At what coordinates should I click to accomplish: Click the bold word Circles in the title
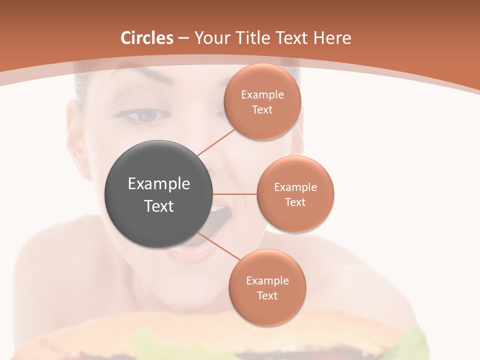pyautogui.click(x=147, y=38)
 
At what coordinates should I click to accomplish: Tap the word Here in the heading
pyautogui.click(x=332, y=38)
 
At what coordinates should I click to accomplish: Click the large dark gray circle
pyautogui.click(x=158, y=194)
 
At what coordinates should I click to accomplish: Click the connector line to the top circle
pyautogui.click(x=215, y=141)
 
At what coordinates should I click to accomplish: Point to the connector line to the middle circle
pyautogui.click(x=235, y=194)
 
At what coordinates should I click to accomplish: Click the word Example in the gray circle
pyautogui.click(x=158, y=184)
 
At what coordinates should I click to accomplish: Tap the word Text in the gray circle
pyautogui.click(x=158, y=206)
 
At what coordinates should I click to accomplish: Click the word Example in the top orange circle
pyautogui.click(x=262, y=95)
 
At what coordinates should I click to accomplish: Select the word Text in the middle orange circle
pyautogui.click(x=295, y=202)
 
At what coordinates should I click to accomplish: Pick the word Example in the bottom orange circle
pyautogui.click(x=267, y=281)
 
